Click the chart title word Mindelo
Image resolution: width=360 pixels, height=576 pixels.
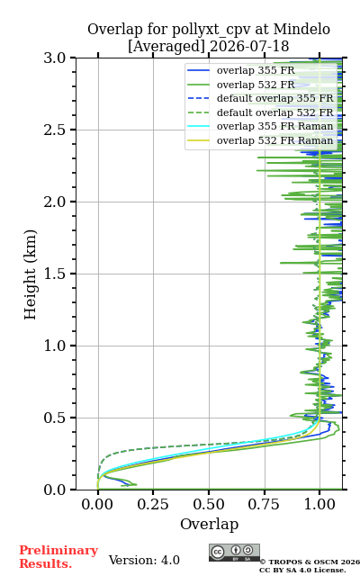coord(301,29)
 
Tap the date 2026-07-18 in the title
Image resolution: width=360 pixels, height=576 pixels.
coord(249,46)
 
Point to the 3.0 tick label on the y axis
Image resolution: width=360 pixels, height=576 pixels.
coord(55,58)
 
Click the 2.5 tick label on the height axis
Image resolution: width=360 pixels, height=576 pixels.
coord(55,130)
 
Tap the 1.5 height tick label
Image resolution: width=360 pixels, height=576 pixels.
coord(55,274)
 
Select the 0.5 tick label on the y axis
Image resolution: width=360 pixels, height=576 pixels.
coord(55,418)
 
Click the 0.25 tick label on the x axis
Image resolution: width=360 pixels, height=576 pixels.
coord(153,504)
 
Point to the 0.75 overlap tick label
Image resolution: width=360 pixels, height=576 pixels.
coord(264,504)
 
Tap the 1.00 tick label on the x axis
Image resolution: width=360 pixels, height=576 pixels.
coord(319,504)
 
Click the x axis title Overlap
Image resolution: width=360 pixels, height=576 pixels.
coord(209,524)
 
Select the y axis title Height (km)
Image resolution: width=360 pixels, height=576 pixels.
coord(30,274)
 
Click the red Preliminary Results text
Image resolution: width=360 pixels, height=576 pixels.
coord(58,557)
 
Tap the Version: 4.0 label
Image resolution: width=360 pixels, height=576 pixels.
coord(144,560)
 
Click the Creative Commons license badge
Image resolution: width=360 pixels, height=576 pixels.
coord(234,553)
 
